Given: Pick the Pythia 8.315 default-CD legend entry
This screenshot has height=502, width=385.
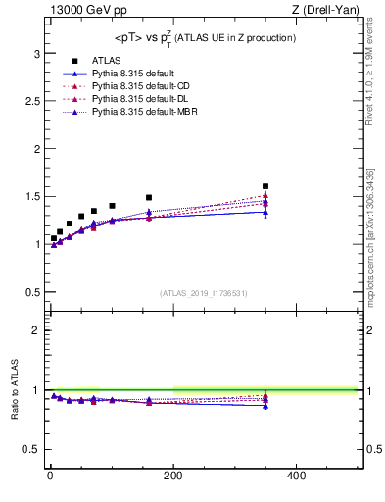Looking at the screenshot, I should pyautogui.click(x=129, y=86).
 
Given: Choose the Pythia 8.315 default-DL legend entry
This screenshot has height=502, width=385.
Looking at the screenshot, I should pyautogui.click(x=129, y=99).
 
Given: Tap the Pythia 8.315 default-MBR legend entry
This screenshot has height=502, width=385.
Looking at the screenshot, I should pyautogui.click(x=132, y=112).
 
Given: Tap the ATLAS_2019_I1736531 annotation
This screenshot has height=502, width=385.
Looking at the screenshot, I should pyautogui.click(x=204, y=293).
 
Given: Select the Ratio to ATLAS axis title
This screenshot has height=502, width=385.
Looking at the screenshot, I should pyautogui.click(x=15, y=413).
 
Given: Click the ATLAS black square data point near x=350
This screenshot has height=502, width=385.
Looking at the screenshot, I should pyautogui.click(x=265, y=186).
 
